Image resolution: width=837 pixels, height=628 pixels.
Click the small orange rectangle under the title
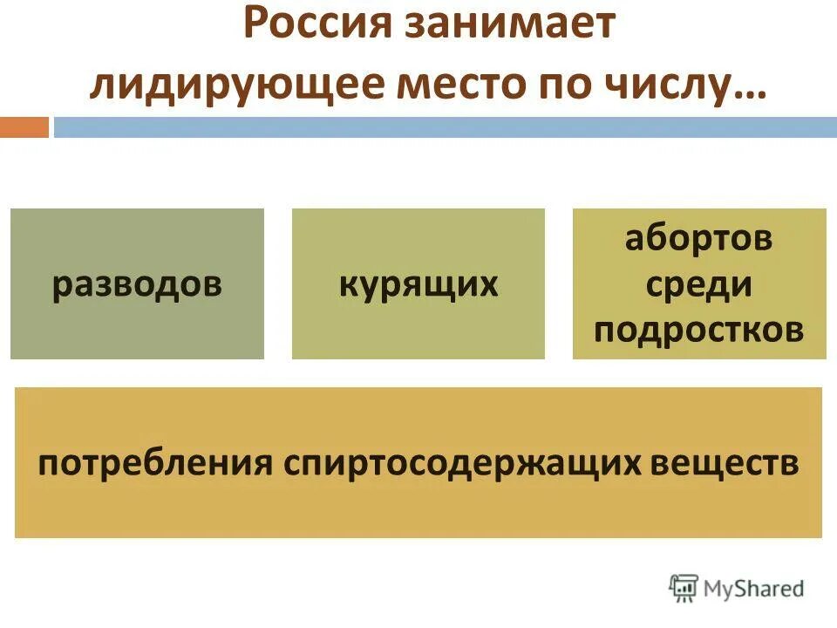(24, 127)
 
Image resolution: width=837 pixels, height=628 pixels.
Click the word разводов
(137, 285)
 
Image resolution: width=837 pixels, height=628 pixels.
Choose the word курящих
(418, 285)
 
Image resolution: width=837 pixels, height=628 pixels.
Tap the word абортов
(698, 239)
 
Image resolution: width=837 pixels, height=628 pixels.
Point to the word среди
(699, 284)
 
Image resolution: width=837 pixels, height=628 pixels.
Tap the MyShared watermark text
(755, 589)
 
